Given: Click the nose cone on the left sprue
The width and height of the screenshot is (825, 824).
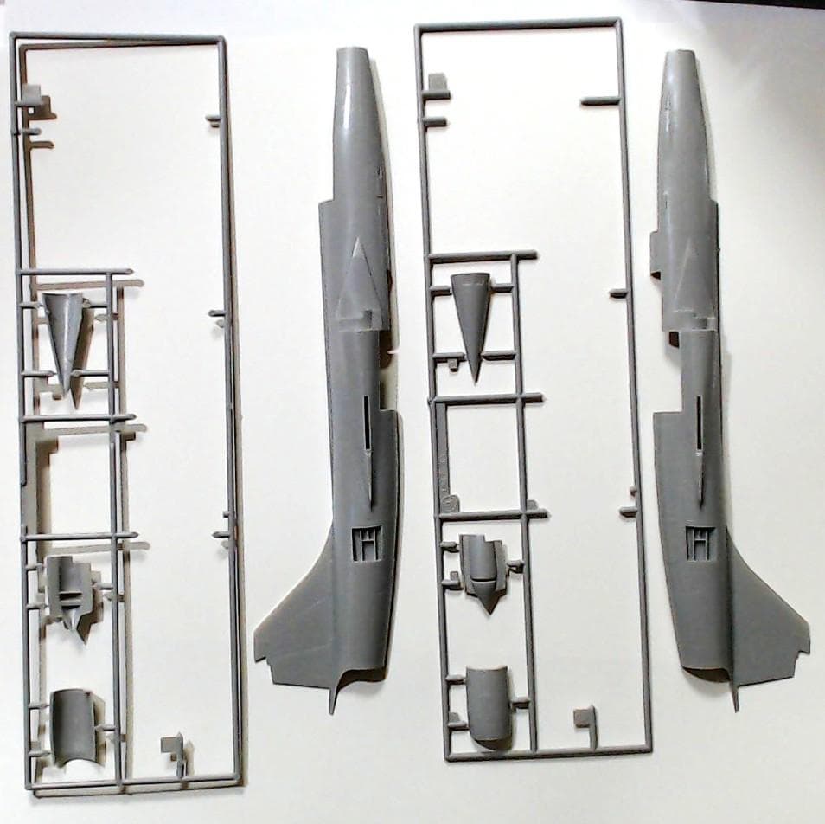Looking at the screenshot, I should [68, 337].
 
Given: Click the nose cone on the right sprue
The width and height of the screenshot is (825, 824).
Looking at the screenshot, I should [470, 316].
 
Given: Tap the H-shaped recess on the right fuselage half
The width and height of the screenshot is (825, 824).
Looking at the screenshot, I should [697, 540].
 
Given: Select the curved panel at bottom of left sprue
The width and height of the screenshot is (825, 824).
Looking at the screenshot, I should [73, 724].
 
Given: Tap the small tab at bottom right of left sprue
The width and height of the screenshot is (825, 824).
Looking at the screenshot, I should [174, 746].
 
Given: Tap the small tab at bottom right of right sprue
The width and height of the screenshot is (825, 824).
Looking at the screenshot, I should [585, 717].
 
